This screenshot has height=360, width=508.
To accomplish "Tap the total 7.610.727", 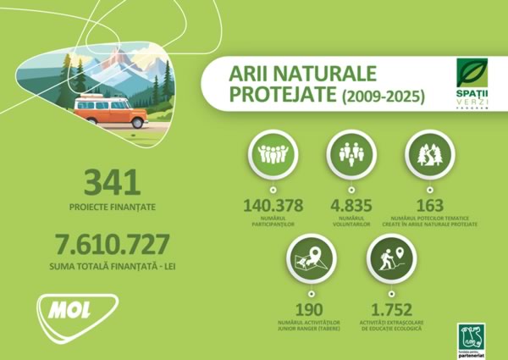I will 113,245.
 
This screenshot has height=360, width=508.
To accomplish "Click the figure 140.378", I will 273,206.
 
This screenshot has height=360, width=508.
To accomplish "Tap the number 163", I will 429,206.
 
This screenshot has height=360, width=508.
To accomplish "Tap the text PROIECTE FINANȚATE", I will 113,206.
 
